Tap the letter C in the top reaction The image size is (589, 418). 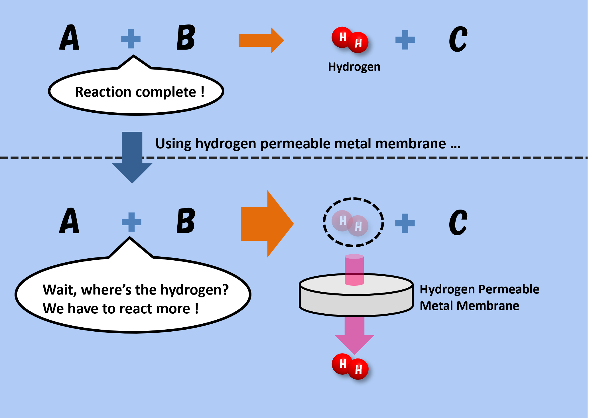pos(458,39)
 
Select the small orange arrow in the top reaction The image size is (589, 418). pos(261,40)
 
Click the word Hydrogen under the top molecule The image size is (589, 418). pos(354,67)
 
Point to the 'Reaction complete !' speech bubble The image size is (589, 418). pos(136,92)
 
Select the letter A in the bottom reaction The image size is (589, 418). pos(69,221)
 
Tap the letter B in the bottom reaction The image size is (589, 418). pos(186,221)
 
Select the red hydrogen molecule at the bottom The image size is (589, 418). pos(350,367)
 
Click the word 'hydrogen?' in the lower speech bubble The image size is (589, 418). pos(195,290)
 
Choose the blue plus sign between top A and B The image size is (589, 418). pos(131,39)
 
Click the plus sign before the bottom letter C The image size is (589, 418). pos(405,223)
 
